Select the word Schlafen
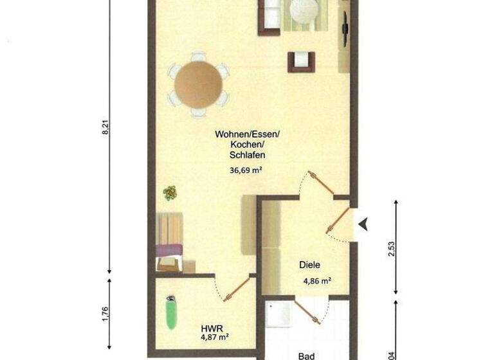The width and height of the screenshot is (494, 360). pyautogui.click(x=247, y=155)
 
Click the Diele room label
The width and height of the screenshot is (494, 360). pyautogui.click(x=309, y=265)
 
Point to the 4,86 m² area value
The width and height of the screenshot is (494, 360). pyautogui.click(x=317, y=281)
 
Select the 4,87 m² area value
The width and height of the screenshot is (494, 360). pyautogui.click(x=215, y=336)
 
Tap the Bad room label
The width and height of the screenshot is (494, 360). pyautogui.click(x=306, y=354)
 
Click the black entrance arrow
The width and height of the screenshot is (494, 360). pyautogui.click(x=364, y=224)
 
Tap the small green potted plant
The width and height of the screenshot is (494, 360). pyautogui.click(x=170, y=192)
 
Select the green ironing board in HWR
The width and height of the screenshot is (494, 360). pyautogui.click(x=171, y=313)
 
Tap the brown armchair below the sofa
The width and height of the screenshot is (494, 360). pyautogui.click(x=301, y=61)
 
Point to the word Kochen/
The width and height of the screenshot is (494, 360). pyautogui.click(x=246, y=145)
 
